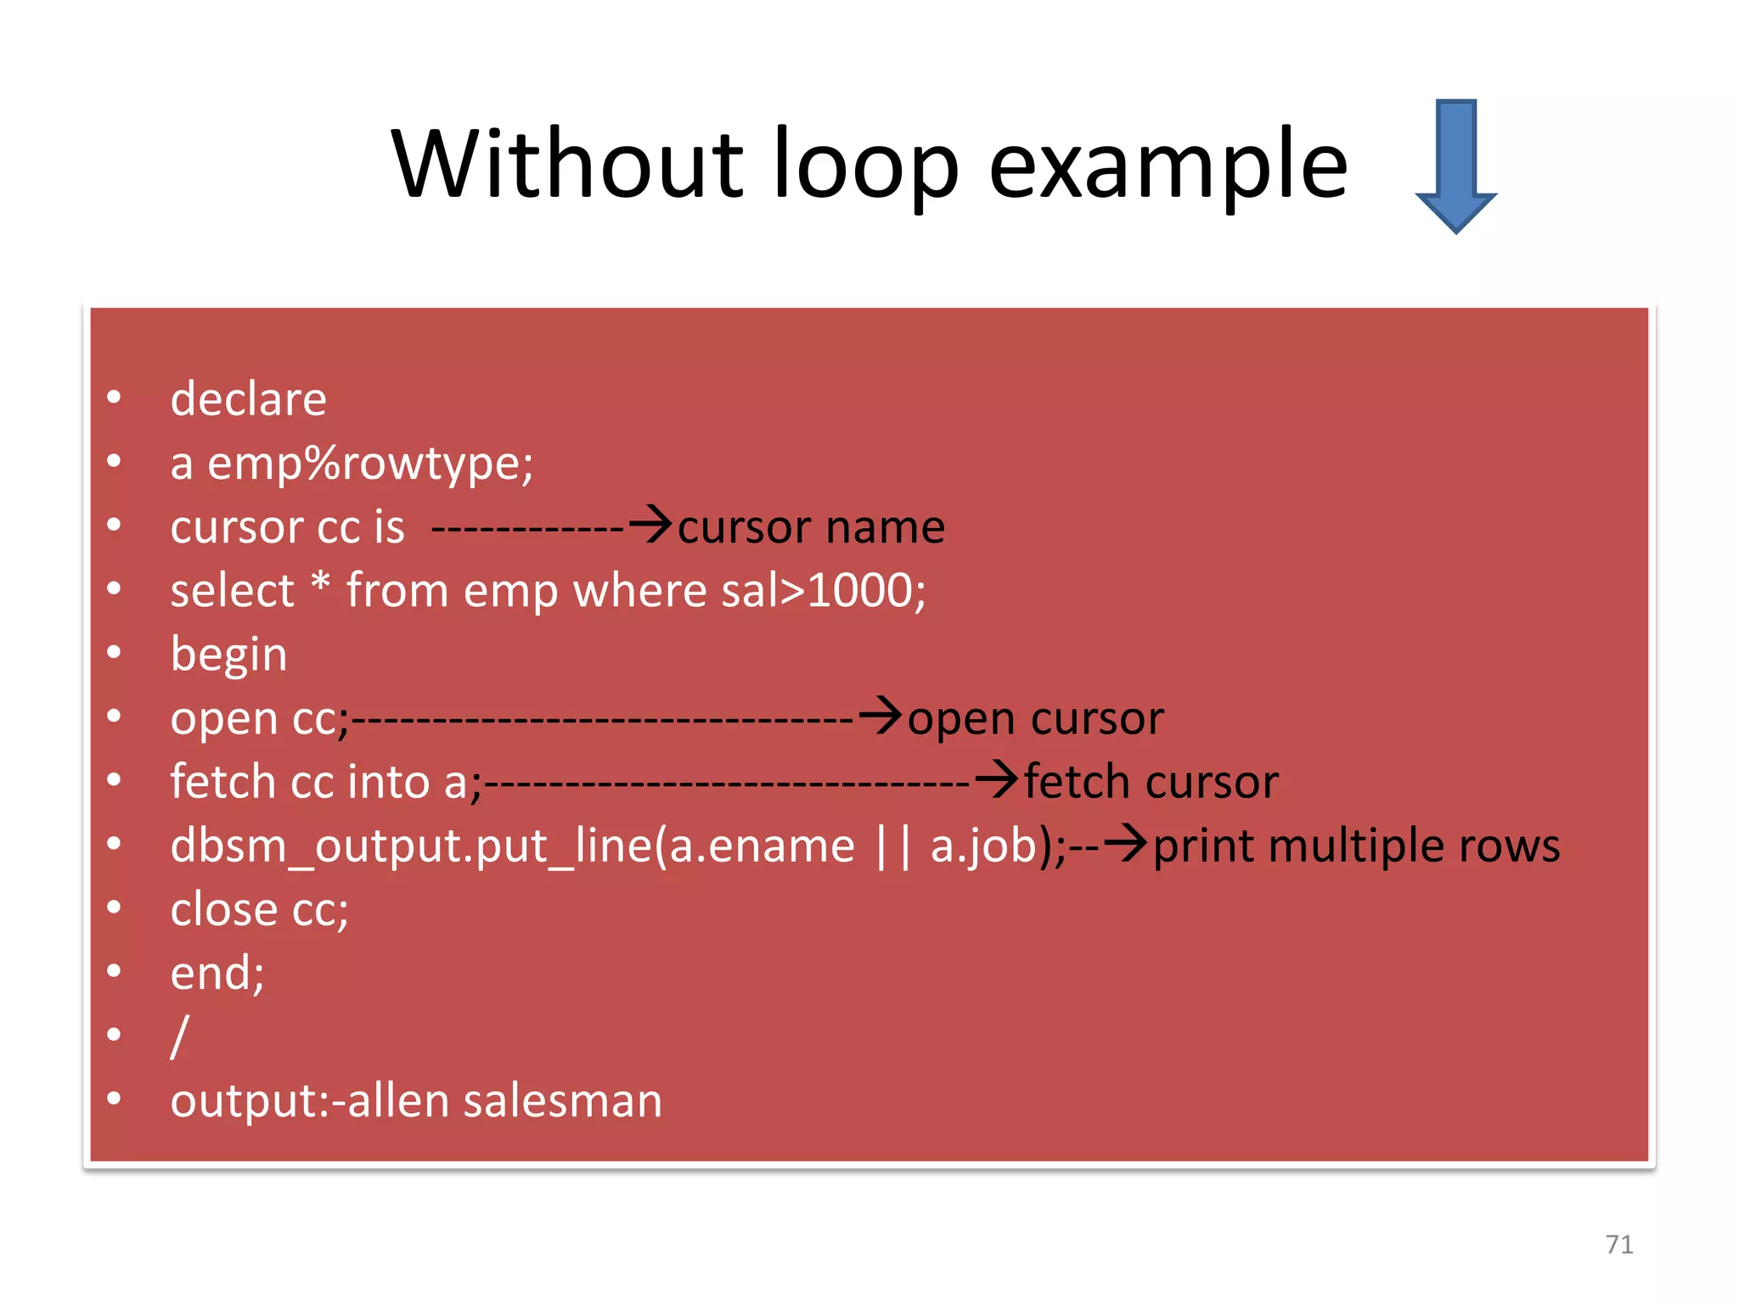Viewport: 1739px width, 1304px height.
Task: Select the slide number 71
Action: tap(1619, 1245)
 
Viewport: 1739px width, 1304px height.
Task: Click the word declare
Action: tap(248, 399)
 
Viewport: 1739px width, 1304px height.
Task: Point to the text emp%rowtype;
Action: tap(370, 464)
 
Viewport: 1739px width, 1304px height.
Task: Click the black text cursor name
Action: tap(811, 527)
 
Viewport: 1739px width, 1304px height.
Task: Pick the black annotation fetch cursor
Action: tap(1151, 782)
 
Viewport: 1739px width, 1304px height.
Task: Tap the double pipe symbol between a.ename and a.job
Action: tap(892, 846)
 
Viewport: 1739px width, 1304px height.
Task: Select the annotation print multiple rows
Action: tap(1356, 846)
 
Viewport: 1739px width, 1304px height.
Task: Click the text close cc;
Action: tap(259, 910)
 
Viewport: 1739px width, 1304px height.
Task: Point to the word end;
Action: tap(217, 973)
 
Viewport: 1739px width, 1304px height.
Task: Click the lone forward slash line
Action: tap(179, 1037)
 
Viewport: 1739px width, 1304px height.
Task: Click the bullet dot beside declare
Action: tap(114, 397)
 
